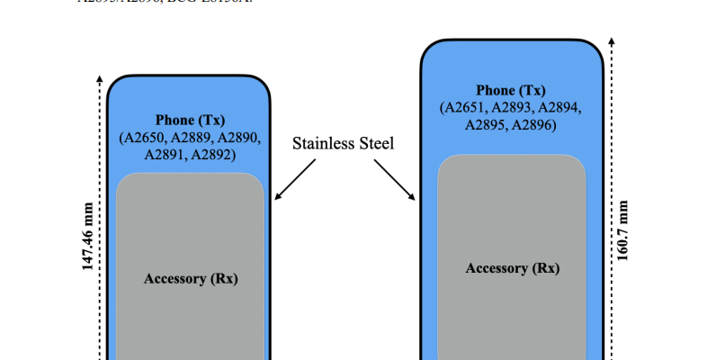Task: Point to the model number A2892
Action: coord(212,155)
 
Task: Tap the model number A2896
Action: coord(533,125)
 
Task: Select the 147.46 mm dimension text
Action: coord(87,236)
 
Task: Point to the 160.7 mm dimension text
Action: coord(624,229)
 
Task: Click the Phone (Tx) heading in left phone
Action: coord(190,120)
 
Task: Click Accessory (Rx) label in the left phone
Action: coord(191,278)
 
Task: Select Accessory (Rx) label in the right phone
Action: coord(512,268)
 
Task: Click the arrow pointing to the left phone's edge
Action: coord(295,179)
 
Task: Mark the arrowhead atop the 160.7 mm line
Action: coord(613,41)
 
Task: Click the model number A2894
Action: coord(557,108)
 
